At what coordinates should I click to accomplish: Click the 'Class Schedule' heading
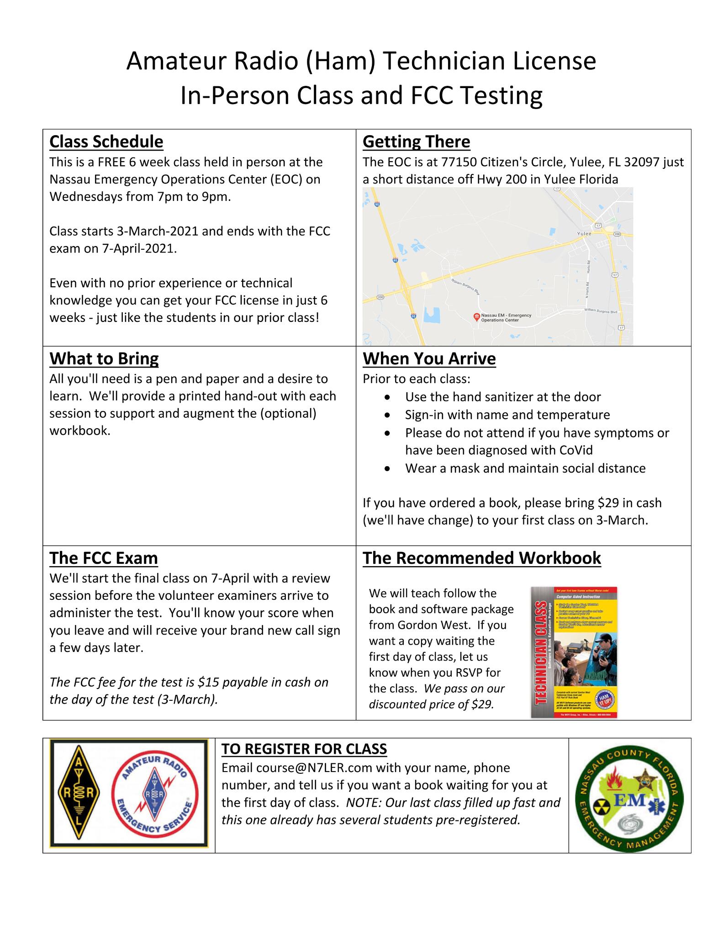tap(106, 142)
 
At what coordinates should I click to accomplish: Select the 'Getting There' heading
tap(416, 142)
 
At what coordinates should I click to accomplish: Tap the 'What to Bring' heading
tap(104, 358)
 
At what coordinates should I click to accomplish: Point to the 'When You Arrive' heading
tap(429, 358)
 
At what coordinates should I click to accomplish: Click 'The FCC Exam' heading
tap(103, 558)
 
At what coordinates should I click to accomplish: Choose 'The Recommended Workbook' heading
tap(481, 558)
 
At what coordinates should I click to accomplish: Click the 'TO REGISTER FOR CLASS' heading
tap(304, 749)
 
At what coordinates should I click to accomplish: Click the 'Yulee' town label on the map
tap(584, 233)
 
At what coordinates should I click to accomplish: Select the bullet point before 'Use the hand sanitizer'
tap(387, 397)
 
